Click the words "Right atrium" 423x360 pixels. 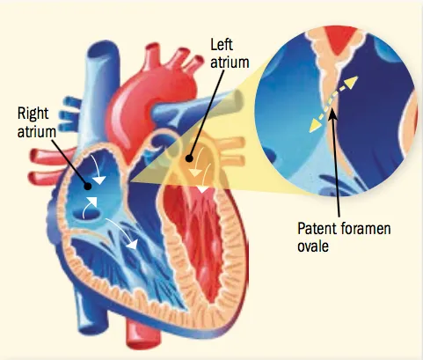click(37, 122)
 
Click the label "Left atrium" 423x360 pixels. click(230, 54)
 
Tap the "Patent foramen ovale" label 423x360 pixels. click(344, 237)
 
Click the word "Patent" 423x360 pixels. click(317, 229)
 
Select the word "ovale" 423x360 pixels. click(313, 246)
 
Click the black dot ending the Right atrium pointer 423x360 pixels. click(88, 186)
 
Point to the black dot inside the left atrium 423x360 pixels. click(189, 158)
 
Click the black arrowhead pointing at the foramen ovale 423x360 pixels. click(332, 114)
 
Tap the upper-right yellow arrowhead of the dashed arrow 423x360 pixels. click(352, 82)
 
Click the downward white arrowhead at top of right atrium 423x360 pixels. click(99, 180)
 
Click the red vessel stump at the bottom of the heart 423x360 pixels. click(142, 334)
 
